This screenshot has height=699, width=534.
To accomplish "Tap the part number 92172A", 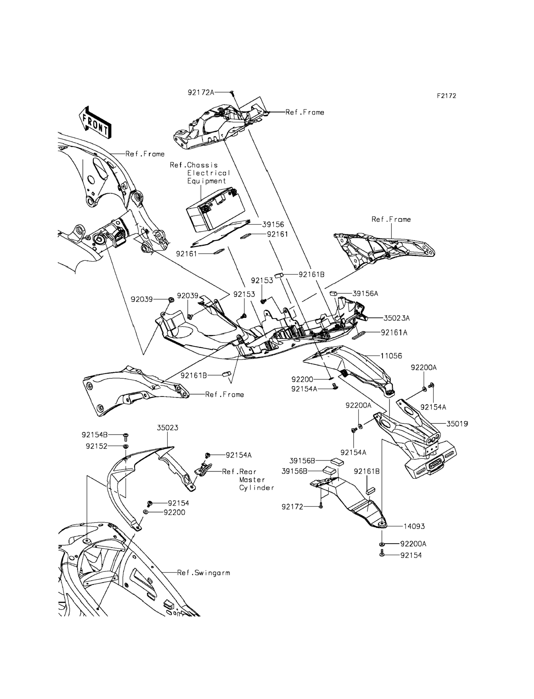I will click(x=200, y=92).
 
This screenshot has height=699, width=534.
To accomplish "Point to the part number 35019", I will click(x=457, y=424).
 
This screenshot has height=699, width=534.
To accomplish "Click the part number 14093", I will click(x=414, y=527).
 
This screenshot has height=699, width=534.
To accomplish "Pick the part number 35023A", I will click(x=396, y=318).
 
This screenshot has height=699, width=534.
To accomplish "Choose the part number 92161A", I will click(x=394, y=333).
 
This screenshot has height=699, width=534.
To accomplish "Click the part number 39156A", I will click(x=365, y=293).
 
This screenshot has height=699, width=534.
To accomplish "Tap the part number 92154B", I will click(x=95, y=435).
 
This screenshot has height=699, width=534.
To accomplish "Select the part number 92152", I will click(x=96, y=446).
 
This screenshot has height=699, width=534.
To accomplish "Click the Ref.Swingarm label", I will click(x=204, y=573).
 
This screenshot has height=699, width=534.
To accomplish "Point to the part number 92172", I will click(x=292, y=507).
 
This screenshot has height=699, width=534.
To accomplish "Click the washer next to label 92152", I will click(x=126, y=446).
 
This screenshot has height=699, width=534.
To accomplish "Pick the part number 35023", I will click(x=167, y=428).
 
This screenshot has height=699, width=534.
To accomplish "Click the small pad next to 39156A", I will click(x=333, y=293).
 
